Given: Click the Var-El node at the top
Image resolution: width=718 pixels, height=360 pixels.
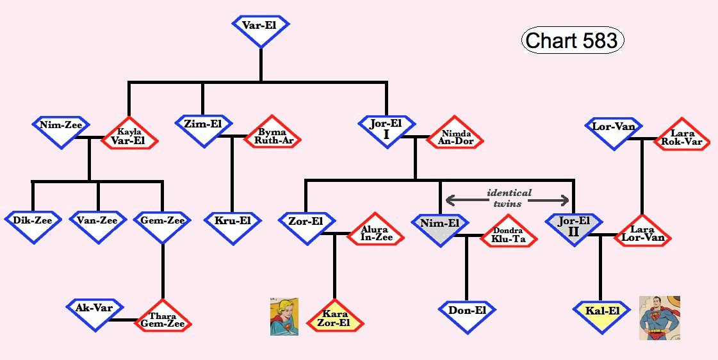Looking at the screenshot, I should click(x=261, y=29).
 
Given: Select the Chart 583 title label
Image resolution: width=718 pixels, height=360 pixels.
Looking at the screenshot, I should click(x=572, y=41).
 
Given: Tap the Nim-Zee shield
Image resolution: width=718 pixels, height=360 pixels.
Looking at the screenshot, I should click(x=61, y=129).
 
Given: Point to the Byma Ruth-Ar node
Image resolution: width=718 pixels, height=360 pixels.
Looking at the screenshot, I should click(x=273, y=135).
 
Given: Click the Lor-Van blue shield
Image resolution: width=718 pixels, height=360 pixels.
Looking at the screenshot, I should click(x=614, y=131).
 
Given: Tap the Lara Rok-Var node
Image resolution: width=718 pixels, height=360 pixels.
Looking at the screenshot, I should click(x=681, y=136).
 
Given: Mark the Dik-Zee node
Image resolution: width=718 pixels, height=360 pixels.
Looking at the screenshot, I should click(x=33, y=224).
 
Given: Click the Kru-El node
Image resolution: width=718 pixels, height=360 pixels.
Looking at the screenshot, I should click(x=232, y=224).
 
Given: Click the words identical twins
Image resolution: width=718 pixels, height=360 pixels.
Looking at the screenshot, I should click(x=509, y=198).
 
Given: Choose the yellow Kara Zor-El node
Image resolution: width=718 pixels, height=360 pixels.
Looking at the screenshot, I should click(x=334, y=318).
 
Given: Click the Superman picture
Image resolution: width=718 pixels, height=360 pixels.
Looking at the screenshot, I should click(x=659, y=318).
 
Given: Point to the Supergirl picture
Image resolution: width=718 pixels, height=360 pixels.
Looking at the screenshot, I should click(x=284, y=316).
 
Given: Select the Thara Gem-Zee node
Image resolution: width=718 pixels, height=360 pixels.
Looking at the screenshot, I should click(x=163, y=318).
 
